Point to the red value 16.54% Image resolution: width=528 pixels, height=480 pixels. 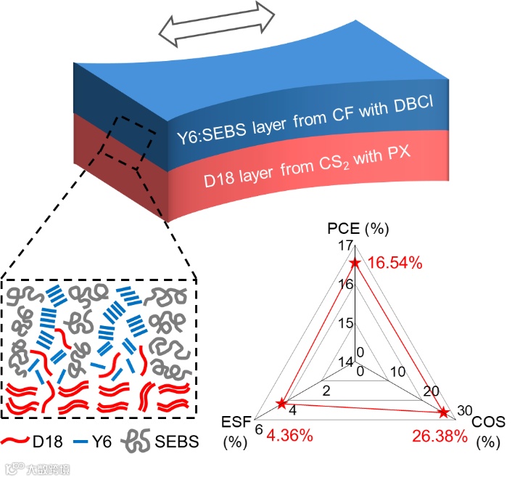click(395, 263)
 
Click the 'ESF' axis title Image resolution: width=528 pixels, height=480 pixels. click(236, 423)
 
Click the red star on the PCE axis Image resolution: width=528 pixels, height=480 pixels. click(355, 264)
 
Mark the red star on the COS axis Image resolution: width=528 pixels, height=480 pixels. click(442, 412)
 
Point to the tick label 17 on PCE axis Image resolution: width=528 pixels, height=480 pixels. click(345, 247)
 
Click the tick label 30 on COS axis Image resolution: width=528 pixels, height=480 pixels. click(465, 410)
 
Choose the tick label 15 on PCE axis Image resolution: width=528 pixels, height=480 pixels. click(345, 323)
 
